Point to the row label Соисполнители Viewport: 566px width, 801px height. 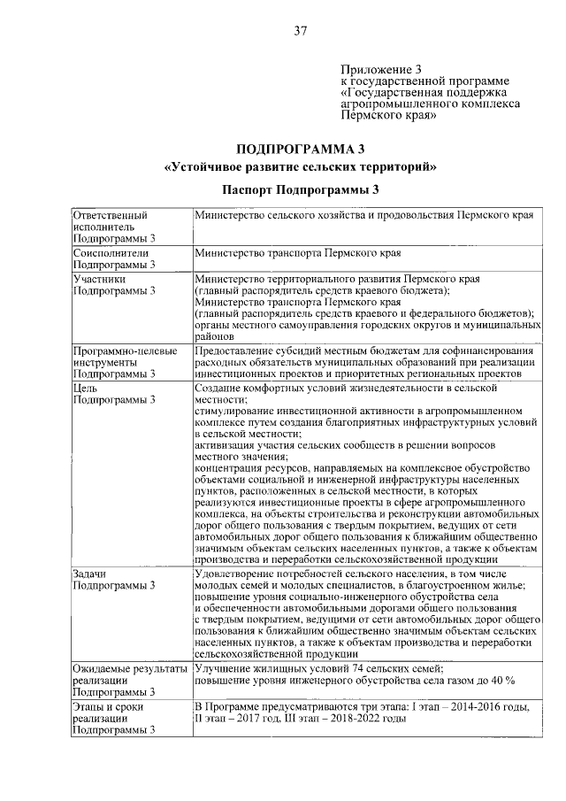104,252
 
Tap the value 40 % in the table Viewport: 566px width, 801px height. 501,679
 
